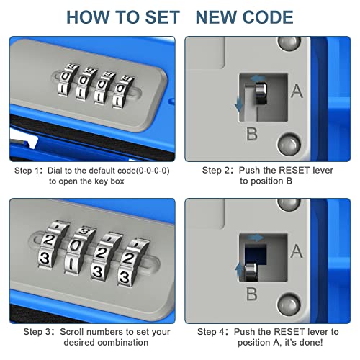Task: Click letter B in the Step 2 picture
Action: [252, 132]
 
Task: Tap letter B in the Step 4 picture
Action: [252, 294]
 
